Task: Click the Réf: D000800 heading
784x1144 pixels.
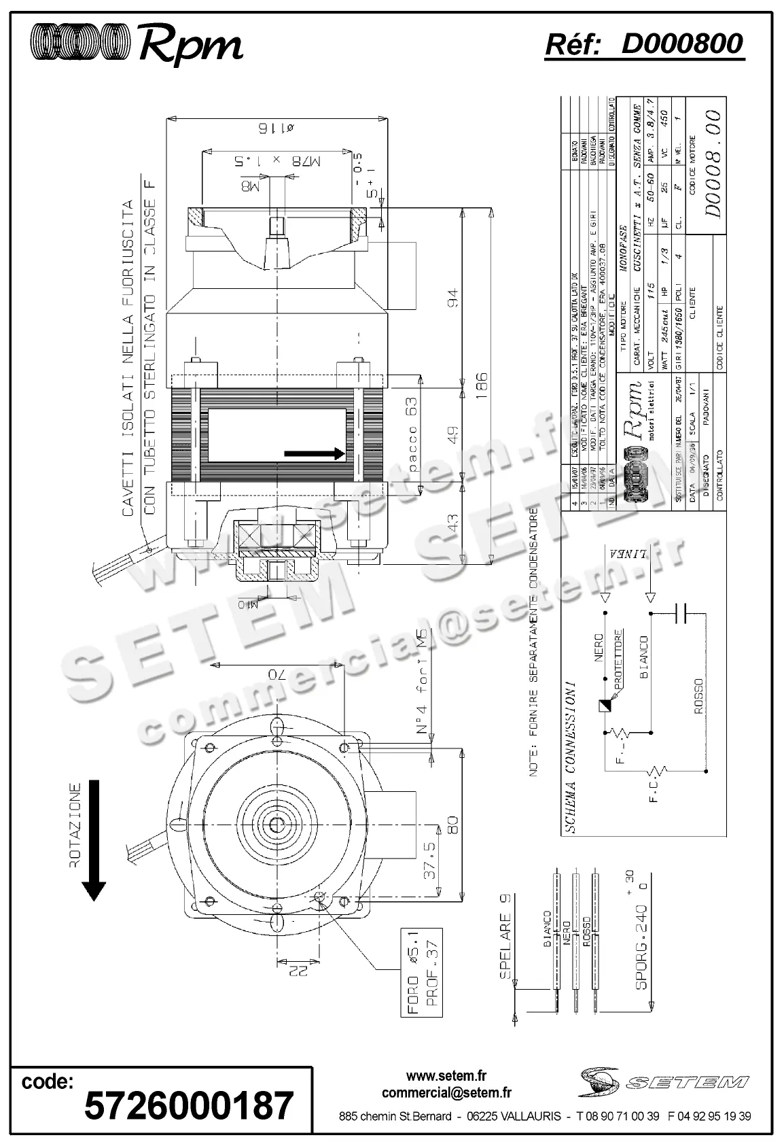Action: coord(644,44)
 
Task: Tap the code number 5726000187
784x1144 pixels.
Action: coord(189,1105)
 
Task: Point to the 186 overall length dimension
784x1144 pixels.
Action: coord(482,387)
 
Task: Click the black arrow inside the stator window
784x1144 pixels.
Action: coord(315,453)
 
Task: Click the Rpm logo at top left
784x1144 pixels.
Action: coord(137,45)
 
